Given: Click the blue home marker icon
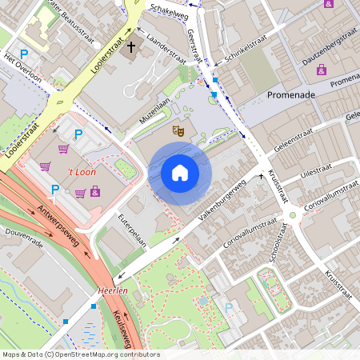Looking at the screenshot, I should (180, 172).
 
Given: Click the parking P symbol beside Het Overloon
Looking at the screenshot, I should (25, 54).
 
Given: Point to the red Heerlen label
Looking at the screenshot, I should (114, 291).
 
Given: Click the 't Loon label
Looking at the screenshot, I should (81, 174).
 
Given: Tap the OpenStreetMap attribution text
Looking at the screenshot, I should (80, 354).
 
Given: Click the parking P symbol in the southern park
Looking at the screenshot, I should (230, 307).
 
